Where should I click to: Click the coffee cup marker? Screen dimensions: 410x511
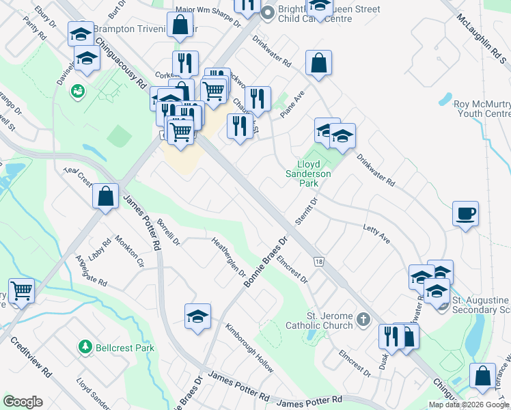pyautogui.click(x=465, y=213)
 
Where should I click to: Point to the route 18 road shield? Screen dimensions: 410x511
pyautogui.click(x=318, y=262)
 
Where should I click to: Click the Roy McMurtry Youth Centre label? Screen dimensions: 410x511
pyautogui.click(x=482, y=109)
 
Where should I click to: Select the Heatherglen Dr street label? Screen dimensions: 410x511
pyautogui.click(x=229, y=257)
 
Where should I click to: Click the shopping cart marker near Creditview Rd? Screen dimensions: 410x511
pyautogui.click(x=22, y=291)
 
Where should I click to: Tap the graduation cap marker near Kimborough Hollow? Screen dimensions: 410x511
pyautogui.click(x=198, y=316)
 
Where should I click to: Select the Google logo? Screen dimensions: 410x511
pyautogui.click(x=23, y=402)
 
